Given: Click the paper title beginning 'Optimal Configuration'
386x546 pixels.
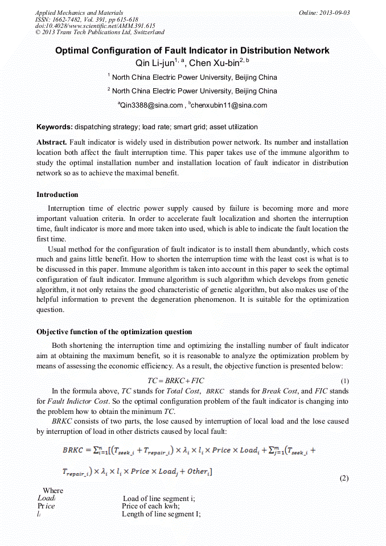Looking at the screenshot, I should click(x=192, y=51).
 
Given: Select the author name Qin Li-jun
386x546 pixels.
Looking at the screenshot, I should click(x=152, y=63).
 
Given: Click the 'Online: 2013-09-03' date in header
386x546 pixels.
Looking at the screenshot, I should click(x=324, y=13).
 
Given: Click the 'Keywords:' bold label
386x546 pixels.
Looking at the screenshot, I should click(x=55, y=127).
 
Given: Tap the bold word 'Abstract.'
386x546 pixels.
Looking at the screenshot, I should click(x=52, y=142).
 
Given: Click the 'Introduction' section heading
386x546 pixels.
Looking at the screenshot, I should click(x=58, y=195).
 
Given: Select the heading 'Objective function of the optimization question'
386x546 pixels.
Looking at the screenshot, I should click(x=114, y=331).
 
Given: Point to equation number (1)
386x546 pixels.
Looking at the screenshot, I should click(x=344, y=380).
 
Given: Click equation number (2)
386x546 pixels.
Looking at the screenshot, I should click(x=344, y=478).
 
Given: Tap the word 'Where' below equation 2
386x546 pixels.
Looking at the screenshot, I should click(x=53, y=490).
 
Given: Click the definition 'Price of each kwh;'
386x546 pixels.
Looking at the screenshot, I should click(x=151, y=506).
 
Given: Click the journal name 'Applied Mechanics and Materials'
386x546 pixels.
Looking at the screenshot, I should click(x=79, y=13).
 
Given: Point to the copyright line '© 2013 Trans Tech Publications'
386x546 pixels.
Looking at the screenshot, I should click(x=100, y=32).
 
